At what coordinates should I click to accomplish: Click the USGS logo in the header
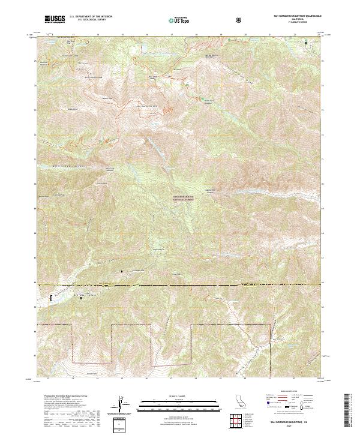[x=55, y=19]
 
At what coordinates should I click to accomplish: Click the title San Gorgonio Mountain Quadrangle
[x=297, y=16]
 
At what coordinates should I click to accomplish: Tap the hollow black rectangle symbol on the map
[x=52, y=296]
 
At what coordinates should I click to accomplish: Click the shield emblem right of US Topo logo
[x=240, y=20]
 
